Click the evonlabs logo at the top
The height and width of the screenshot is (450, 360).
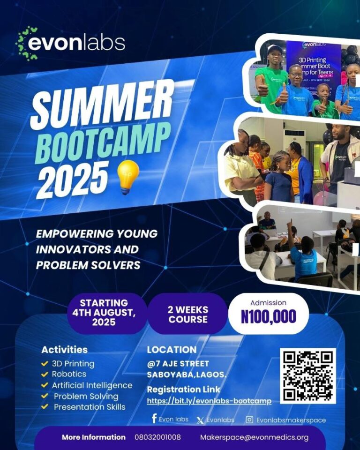tap(71, 43)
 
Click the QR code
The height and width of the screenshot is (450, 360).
tap(308, 375)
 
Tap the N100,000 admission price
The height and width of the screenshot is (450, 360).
tap(269, 316)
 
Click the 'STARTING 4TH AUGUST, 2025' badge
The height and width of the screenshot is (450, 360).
tap(104, 312)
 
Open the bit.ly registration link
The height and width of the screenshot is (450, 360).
tap(209, 401)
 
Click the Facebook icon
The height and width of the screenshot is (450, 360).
tap(154, 419)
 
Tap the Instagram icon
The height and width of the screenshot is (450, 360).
tap(250, 420)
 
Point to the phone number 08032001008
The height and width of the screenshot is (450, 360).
tap(161, 437)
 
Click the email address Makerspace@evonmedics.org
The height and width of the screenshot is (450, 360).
tap(254, 437)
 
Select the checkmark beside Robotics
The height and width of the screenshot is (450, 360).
tap(45, 374)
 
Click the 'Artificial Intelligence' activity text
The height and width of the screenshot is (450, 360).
tap(92, 385)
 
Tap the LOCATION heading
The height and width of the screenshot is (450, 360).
tap(172, 350)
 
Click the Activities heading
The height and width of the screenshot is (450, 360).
tap(64, 350)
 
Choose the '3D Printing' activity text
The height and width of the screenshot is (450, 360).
tap(73, 363)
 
